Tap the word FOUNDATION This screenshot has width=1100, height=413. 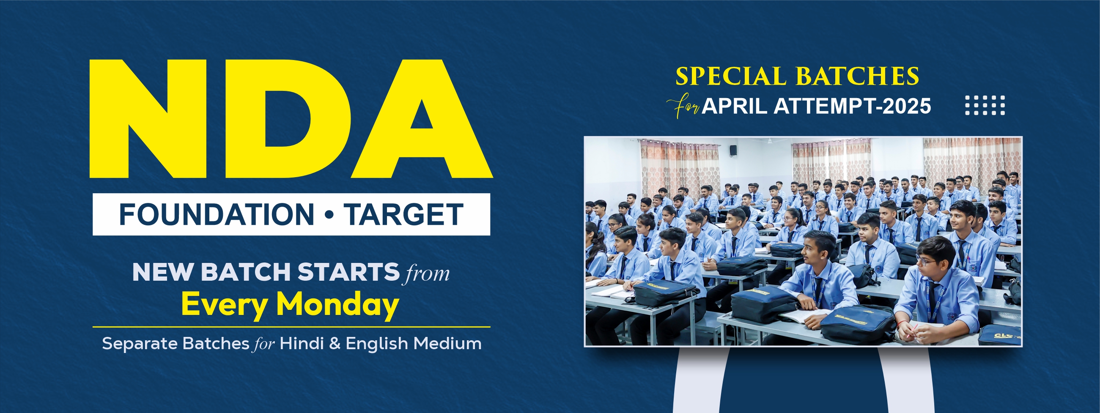click(x=217, y=214)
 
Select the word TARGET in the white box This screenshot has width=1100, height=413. click(x=404, y=214)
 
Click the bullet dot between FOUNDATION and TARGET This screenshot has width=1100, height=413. click(x=329, y=215)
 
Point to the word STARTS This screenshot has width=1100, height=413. click(x=348, y=272)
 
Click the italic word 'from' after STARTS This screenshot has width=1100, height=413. click(x=428, y=273)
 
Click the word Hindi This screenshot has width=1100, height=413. click(x=302, y=343)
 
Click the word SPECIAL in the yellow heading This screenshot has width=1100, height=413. click(x=731, y=77)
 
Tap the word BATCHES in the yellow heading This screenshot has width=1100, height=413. click(x=857, y=77)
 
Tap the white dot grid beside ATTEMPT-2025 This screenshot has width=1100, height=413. click(x=985, y=105)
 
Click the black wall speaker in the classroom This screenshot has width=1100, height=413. click(x=733, y=150)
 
